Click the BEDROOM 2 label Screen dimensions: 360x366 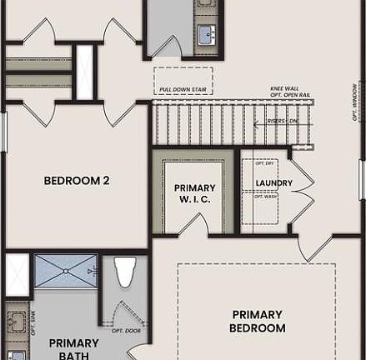pos(76,180)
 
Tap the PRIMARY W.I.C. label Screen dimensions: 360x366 pos(194,193)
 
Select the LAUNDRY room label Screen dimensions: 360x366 pos(273,182)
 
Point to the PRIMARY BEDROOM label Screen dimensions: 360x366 pos(258,321)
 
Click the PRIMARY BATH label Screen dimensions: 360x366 pos(73,349)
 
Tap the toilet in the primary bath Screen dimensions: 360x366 pos(125,272)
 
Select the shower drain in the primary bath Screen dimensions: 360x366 pos(66,272)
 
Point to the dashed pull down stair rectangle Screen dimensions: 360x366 pos(183,81)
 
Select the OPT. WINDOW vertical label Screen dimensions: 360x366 pos(356,102)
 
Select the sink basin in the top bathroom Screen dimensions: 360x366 pos(206,34)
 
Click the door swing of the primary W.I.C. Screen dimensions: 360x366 pos(193,224)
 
